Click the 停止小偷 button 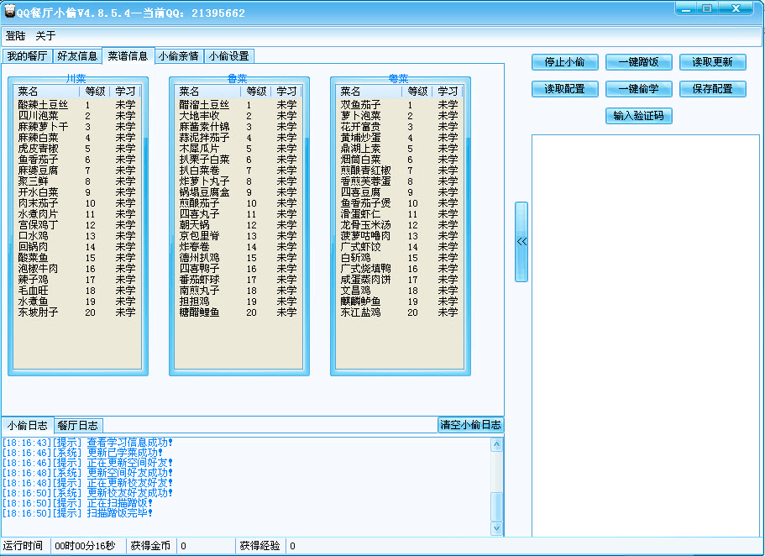pyautogui.click(x=564, y=62)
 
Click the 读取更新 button pyautogui.click(x=712, y=62)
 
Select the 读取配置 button pyautogui.click(x=564, y=89)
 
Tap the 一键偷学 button pyautogui.click(x=638, y=89)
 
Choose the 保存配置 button pyautogui.click(x=712, y=89)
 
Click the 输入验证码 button pyautogui.click(x=638, y=116)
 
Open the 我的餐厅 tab pyautogui.click(x=26, y=56)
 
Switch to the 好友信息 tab pyautogui.click(x=76, y=56)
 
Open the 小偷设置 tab pyautogui.click(x=228, y=56)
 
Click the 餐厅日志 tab pyautogui.click(x=77, y=426)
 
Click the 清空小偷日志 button pyautogui.click(x=470, y=425)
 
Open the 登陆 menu pyautogui.click(x=15, y=36)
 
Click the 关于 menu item pyautogui.click(x=45, y=36)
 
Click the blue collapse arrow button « pyautogui.click(x=521, y=242)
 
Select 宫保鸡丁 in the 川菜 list pyautogui.click(x=39, y=225)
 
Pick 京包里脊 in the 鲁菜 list pyautogui.click(x=200, y=236)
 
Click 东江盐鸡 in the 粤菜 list pyautogui.click(x=361, y=312)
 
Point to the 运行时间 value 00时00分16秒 pyautogui.click(x=84, y=546)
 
